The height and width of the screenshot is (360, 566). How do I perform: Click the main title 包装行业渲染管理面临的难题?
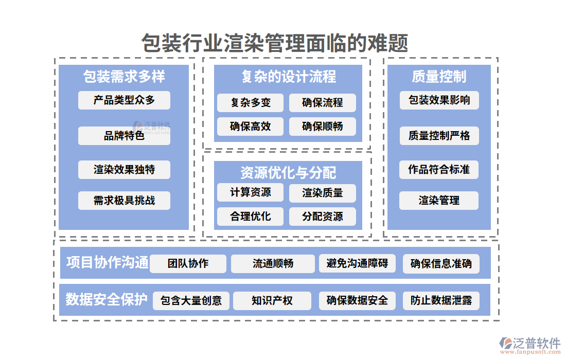(275, 43)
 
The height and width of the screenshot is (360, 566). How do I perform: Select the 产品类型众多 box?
(124, 100)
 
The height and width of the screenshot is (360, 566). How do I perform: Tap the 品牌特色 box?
(124, 136)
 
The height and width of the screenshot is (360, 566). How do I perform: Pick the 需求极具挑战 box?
(124, 201)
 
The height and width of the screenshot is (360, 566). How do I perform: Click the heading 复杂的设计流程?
(288, 77)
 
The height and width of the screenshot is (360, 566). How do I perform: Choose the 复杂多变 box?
(251, 103)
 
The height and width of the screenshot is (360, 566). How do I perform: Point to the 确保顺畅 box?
(323, 127)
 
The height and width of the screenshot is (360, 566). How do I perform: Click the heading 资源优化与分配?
(288, 173)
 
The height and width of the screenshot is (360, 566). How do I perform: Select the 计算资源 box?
(251, 193)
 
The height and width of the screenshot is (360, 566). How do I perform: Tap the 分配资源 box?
(323, 217)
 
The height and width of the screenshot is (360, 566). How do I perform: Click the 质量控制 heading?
(439, 77)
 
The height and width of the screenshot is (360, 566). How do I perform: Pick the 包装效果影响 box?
(439, 100)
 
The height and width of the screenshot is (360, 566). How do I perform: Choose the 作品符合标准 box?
(439, 170)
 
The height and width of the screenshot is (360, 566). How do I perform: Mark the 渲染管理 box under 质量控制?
(439, 201)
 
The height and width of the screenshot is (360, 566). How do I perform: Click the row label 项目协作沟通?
(107, 263)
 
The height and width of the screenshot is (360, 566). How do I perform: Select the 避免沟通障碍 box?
(358, 264)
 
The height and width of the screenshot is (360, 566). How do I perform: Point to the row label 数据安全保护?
(107, 299)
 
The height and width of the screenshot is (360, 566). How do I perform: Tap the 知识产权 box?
(272, 301)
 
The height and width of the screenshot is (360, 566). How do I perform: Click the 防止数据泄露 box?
(441, 301)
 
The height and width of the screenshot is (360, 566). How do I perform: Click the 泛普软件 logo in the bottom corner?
(530, 345)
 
